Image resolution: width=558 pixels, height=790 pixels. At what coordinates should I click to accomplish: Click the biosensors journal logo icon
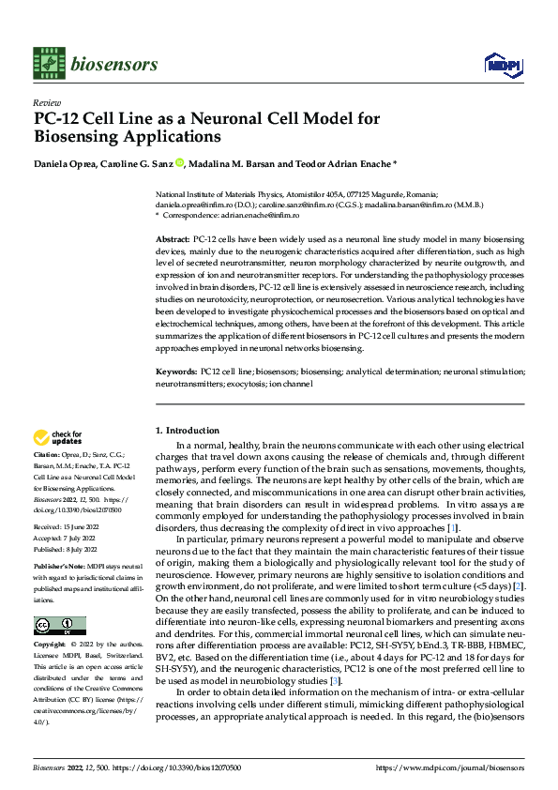click(x=48, y=63)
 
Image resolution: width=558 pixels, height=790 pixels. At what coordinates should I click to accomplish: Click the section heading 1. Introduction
click(x=187, y=431)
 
